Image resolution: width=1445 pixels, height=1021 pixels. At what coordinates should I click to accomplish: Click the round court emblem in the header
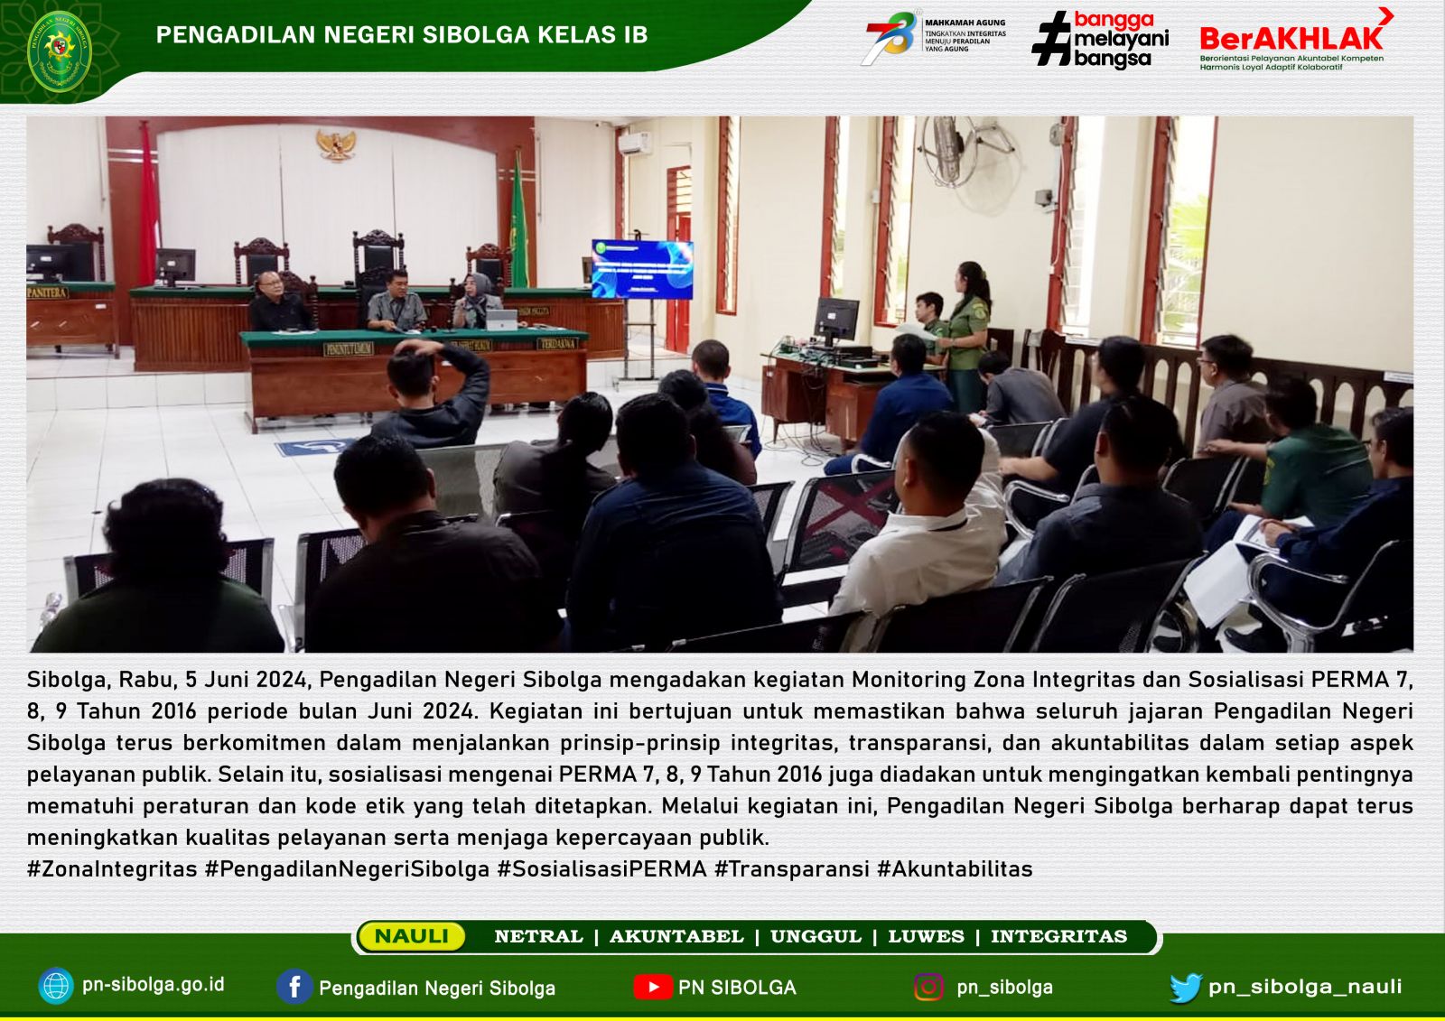click(60, 51)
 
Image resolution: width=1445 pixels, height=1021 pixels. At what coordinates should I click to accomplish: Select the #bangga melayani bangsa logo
click(1101, 40)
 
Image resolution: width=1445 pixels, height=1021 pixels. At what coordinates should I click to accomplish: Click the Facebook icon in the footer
click(294, 987)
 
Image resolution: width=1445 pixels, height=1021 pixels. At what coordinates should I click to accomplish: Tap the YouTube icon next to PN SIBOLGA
click(652, 987)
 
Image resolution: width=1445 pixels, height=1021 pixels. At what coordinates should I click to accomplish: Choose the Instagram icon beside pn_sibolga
click(928, 987)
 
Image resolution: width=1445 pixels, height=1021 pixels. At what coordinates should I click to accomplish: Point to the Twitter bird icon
click(1186, 988)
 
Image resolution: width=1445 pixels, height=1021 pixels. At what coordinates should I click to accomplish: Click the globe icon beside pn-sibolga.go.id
click(56, 986)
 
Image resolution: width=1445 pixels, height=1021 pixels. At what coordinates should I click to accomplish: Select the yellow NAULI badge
click(412, 936)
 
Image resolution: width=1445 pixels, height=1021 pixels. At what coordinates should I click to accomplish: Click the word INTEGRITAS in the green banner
click(1058, 936)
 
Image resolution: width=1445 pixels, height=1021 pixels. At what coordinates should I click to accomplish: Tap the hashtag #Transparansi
click(791, 868)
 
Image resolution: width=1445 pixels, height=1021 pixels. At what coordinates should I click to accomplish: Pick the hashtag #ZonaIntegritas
click(112, 868)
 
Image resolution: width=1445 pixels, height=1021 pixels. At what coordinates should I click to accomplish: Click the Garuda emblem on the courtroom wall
click(336, 144)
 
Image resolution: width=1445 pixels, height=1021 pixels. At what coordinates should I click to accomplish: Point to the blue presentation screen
click(642, 269)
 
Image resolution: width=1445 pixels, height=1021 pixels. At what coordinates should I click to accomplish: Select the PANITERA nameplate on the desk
click(47, 292)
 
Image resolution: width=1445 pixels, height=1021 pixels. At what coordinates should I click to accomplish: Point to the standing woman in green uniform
click(967, 336)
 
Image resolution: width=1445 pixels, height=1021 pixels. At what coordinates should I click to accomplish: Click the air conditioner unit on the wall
click(635, 144)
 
